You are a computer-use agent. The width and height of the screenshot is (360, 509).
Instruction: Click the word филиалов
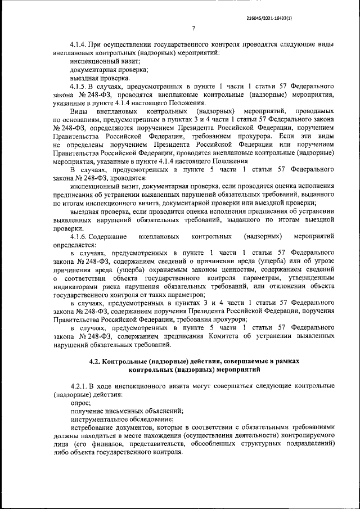click(93, 443)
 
